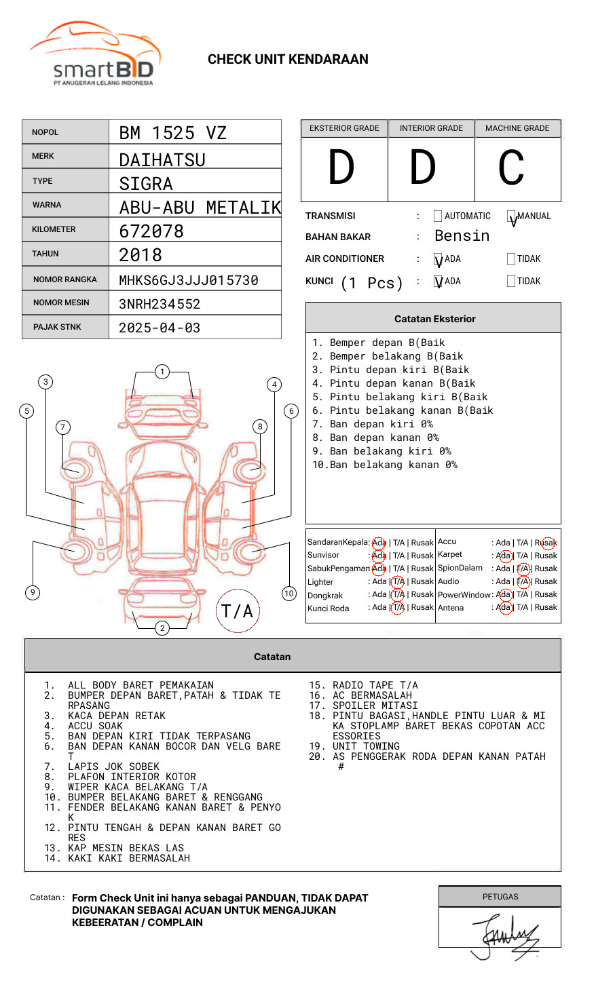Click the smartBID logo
point(95,54)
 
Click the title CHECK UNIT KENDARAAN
point(288,59)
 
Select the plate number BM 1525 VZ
point(173,133)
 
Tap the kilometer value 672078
point(151,231)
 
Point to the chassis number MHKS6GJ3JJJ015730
point(189,280)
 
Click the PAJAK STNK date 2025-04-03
point(160,328)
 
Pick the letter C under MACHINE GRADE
point(511,168)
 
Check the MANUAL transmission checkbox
point(512,216)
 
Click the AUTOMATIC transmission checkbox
point(438,216)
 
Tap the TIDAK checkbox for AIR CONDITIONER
point(511,259)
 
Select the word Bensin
point(462,236)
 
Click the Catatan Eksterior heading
point(434,319)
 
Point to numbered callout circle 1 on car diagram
point(162,371)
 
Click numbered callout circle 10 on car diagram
point(289,594)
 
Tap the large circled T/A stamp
point(238,611)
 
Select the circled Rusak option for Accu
point(546,543)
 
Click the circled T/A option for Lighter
point(398,581)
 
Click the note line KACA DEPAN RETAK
point(116,716)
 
